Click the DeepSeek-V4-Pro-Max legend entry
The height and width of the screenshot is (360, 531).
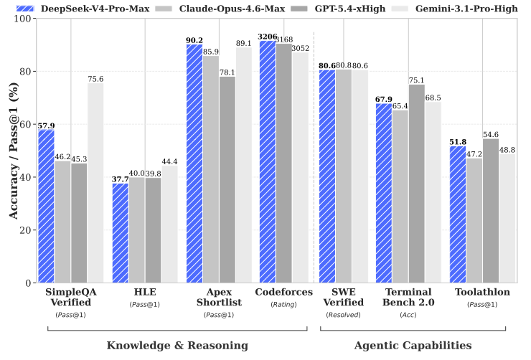coord(83,9)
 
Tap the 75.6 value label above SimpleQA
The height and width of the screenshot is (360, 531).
coord(95,79)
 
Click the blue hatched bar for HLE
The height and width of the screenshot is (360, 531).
coord(121,233)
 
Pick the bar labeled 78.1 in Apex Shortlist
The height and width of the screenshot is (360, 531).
coord(227,179)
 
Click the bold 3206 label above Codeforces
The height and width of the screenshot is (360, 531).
coord(268,37)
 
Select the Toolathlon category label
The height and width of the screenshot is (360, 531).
coord(482,292)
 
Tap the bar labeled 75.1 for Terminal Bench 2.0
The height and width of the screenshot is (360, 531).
coord(416,184)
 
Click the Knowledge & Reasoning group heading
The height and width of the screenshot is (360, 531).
coord(177,346)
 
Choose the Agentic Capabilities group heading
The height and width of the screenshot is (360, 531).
coord(413,346)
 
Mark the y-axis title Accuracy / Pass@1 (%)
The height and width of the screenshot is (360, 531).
coord(14,151)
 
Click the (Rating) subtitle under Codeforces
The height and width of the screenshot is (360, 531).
coord(283,305)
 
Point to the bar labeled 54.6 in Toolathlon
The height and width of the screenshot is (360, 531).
coord(491,210)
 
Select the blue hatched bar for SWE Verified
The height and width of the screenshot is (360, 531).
coord(327,176)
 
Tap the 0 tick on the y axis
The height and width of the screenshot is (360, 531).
coord(29,283)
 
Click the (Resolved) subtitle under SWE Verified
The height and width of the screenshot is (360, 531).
coord(344,315)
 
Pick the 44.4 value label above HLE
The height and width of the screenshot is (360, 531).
coord(169,161)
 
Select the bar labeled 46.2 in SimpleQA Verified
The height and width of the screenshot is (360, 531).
coord(62,222)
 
